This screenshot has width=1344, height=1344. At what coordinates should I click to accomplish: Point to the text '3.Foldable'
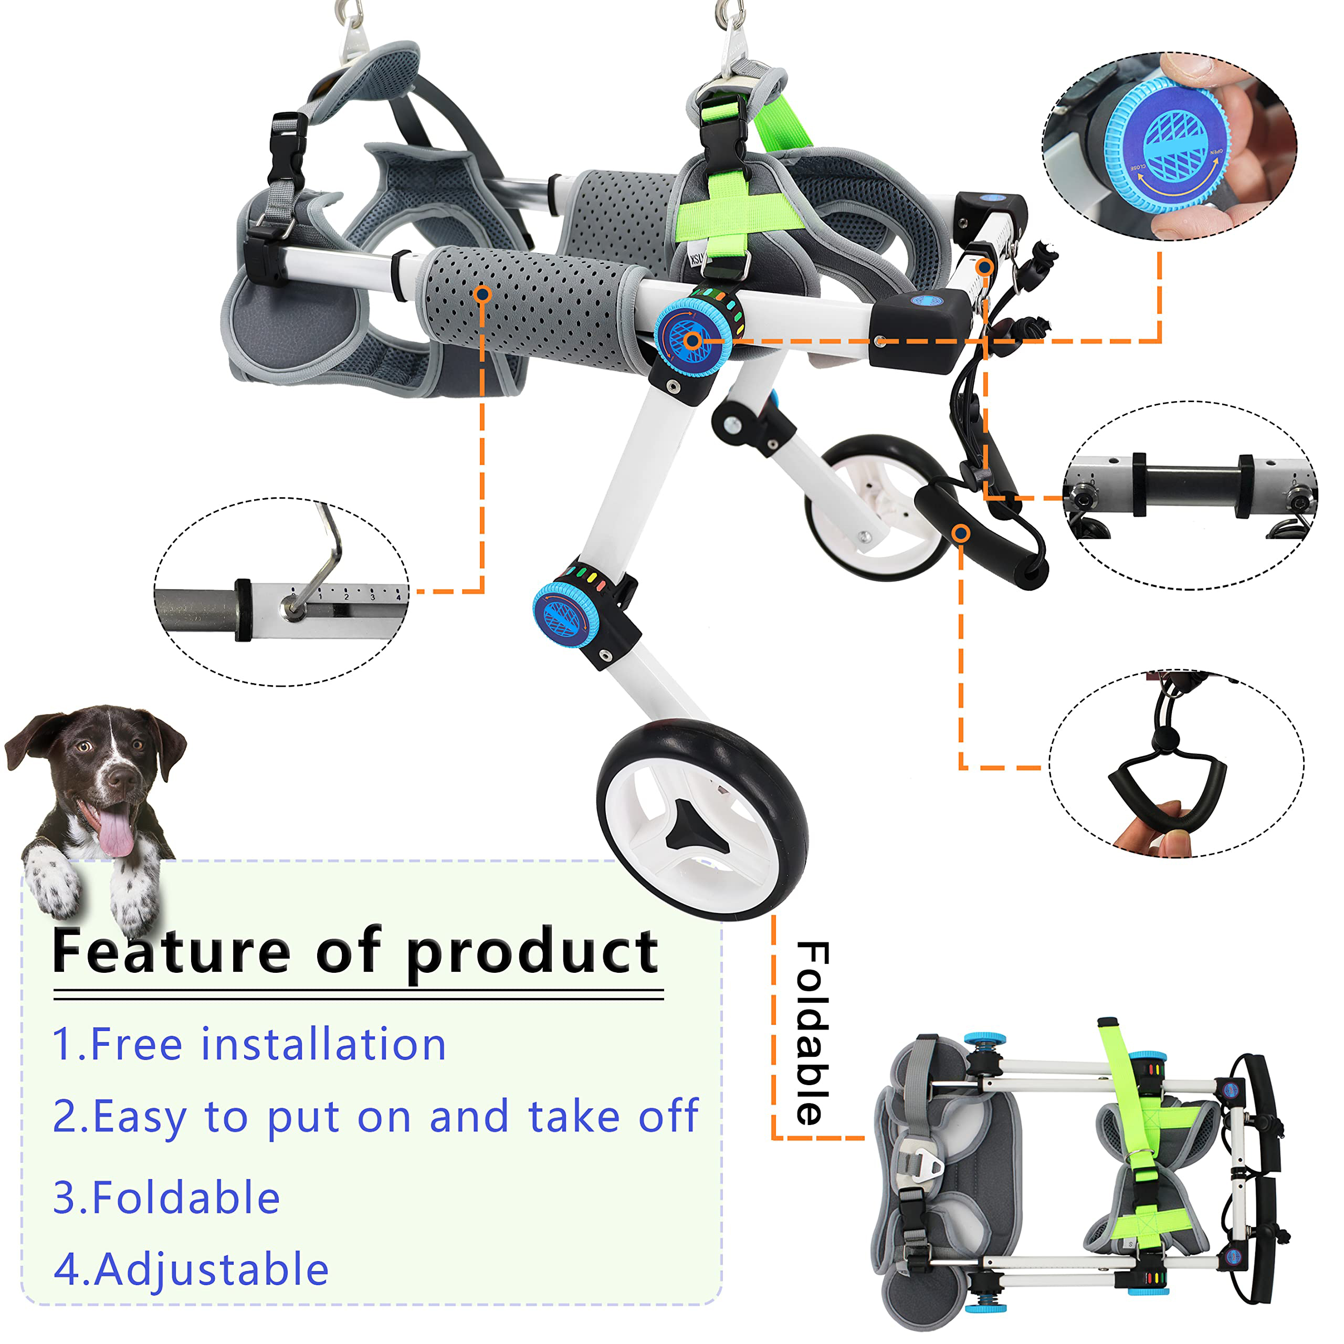click(166, 1198)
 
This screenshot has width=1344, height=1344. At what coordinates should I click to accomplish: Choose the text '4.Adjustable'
click(191, 1269)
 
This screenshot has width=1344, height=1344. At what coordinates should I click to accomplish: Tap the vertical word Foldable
click(813, 1034)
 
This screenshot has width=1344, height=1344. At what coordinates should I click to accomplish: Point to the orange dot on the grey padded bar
click(482, 294)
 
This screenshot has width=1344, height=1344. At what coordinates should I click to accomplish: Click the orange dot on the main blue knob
click(692, 341)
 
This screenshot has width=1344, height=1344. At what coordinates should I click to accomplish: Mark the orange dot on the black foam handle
click(961, 533)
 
